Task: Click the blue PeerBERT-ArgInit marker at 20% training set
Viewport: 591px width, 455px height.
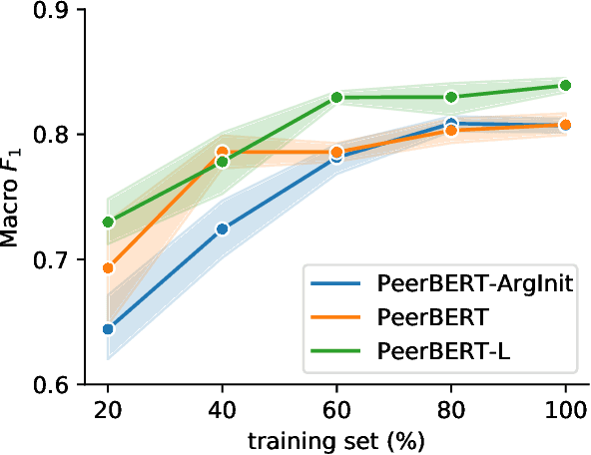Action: click(108, 328)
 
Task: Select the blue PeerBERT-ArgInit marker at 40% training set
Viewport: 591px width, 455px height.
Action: click(223, 228)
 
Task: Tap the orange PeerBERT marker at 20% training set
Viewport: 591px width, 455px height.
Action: click(108, 267)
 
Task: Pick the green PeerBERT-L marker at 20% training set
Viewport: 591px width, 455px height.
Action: click(108, 222)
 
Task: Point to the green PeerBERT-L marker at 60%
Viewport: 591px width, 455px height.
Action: click(337, 97)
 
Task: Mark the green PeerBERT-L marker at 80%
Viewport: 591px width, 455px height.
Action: click(451, 97)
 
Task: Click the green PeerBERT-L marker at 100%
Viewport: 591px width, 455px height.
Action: click(565, 86)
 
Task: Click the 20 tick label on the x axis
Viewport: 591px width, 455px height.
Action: click(108, 409)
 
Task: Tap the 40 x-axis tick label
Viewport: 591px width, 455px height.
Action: click(223, 409)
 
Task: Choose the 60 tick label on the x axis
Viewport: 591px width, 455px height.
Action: click(337, 409)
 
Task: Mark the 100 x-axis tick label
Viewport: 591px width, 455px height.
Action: click(565, 409)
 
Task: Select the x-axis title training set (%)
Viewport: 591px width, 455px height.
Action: click(336, 438)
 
